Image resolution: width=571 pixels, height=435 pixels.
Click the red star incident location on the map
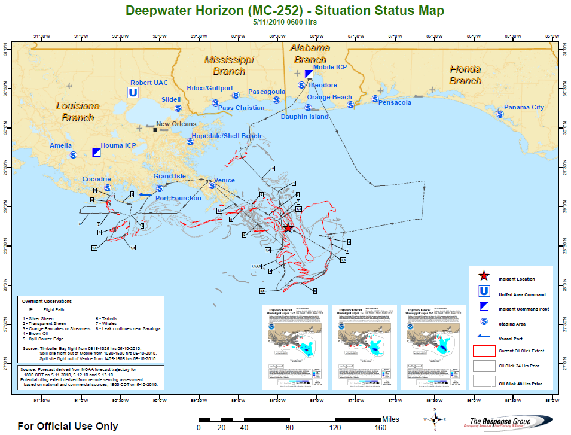[x=288, y=228]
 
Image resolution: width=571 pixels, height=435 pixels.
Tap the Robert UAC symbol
[x=134, y=92]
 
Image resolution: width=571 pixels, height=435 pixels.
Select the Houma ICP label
[x=120, y=145]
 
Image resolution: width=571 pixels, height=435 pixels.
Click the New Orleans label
[x=176, y=124]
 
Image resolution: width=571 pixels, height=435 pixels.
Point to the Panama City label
[x=524, y=108]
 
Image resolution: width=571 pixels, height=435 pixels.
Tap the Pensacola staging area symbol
[x=375, y=99]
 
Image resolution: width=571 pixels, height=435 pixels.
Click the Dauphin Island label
[x=304, y=117]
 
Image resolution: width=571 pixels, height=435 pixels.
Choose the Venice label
[x=224, y=180]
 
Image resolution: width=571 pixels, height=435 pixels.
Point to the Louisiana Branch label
[x=78, y=112]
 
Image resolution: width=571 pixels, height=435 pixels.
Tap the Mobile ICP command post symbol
[x=309, y=74]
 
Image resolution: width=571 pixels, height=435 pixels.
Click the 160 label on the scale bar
[x=380, y=428]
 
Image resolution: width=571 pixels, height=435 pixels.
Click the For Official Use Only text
[x=68, y=427]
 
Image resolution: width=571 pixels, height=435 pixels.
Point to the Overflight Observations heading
[x=47, y=301]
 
